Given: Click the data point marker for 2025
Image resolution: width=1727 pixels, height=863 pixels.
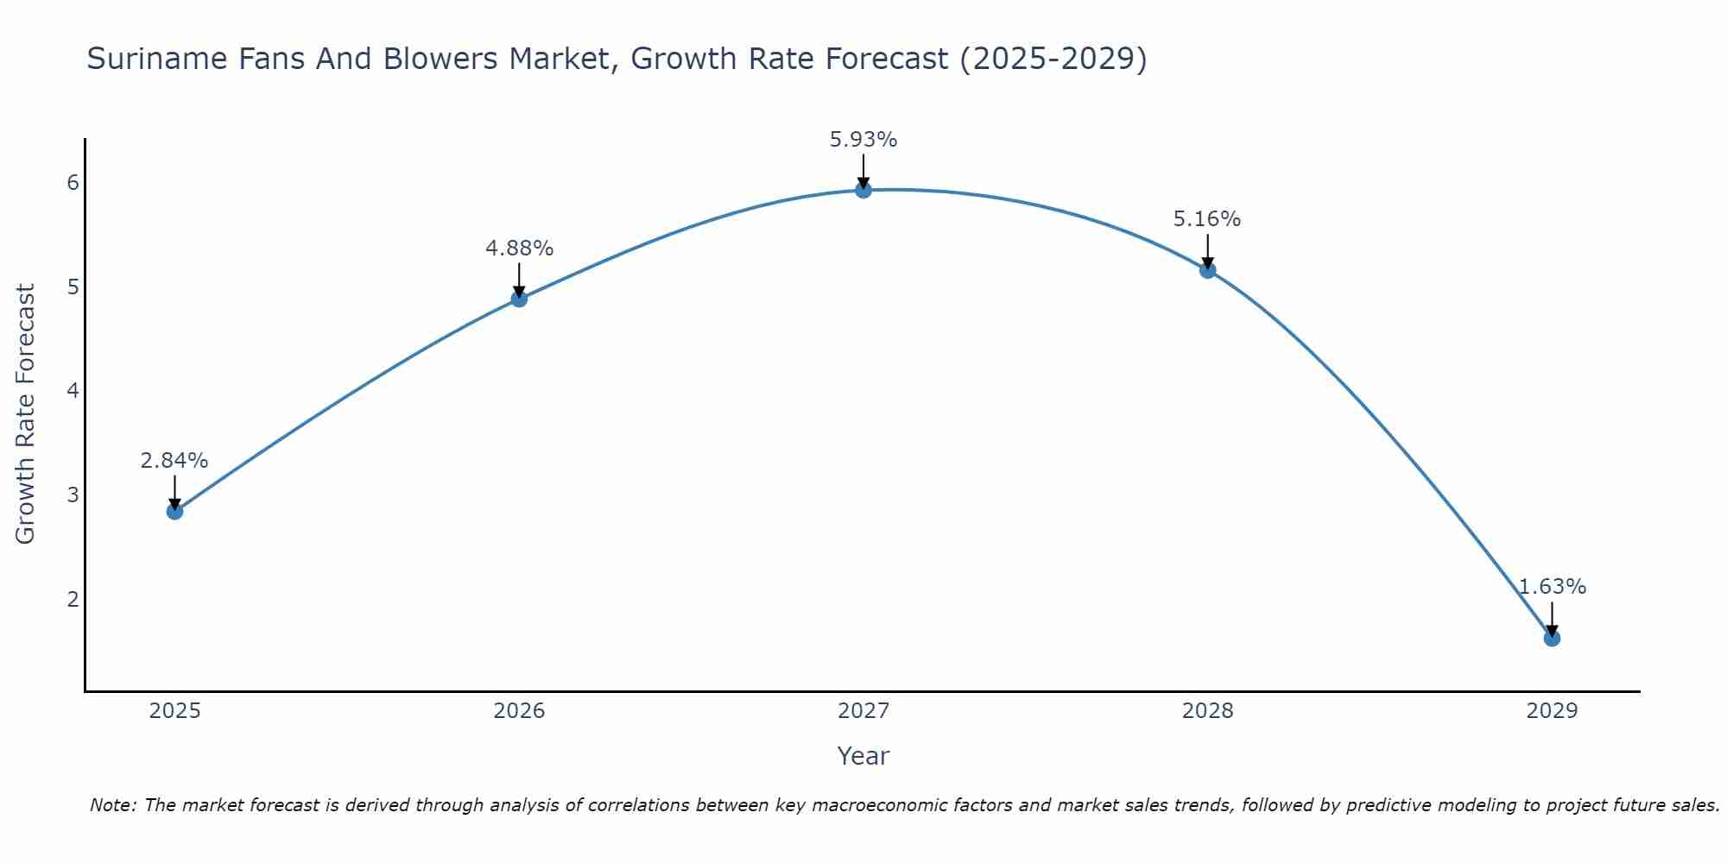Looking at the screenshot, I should coord(174,511).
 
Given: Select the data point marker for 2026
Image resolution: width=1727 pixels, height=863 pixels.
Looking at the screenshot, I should coord(519,299).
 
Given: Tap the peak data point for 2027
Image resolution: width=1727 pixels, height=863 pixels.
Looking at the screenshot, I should coord(863,190).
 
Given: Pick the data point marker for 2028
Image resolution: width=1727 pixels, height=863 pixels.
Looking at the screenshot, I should coord(1207,270).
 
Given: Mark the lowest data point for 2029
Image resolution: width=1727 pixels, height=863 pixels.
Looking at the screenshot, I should coord(1552,639).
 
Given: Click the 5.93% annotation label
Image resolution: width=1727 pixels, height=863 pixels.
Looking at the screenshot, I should coord(863,140).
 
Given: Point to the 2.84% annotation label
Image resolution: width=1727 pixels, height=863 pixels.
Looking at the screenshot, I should coord(174,461).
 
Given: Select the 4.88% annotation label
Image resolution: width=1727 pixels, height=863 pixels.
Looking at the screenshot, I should coord(519,249).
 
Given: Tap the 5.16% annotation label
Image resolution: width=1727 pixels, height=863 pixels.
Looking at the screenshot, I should coord(1207,219).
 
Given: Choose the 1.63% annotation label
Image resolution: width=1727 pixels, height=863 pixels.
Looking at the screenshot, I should coord(1552,587).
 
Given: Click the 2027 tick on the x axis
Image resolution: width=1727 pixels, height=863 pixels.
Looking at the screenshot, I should coord(863,711).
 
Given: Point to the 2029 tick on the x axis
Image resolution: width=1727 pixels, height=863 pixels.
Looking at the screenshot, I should coord(1552,711).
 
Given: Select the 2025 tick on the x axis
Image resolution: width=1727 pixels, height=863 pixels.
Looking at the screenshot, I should coord(174,711).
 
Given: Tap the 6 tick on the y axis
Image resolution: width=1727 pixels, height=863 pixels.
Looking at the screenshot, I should coord(73,182).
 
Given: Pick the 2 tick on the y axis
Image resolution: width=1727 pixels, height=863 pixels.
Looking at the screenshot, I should coord(73,599).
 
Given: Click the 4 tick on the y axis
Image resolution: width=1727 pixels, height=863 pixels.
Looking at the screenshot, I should coord(73,391).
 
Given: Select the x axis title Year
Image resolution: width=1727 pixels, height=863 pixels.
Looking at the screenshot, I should coord(863,756).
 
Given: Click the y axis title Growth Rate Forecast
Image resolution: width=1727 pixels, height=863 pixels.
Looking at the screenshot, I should coord(26,414).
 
